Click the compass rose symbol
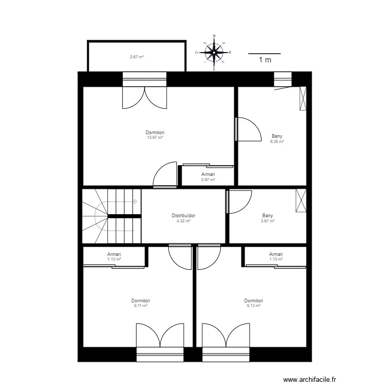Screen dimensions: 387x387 (x=214, y=52)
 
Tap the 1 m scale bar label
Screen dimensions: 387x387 (x=265, y=60)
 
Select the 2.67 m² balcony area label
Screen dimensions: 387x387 (x=136, y=57)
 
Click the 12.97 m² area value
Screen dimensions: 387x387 (x=155, y=138)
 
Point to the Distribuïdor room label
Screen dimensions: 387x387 (x=184, y=216)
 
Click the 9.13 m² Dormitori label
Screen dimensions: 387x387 (x=253, y=303)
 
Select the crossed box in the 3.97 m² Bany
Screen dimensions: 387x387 (x=300, y=201)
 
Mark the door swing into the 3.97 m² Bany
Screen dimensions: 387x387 (x=238, y=201)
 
